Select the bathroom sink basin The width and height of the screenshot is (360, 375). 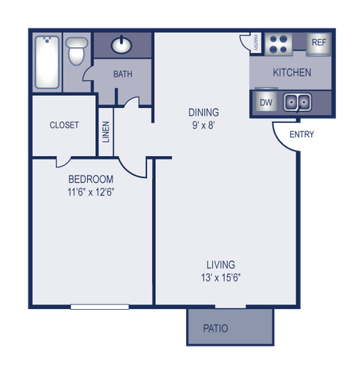[122, 46]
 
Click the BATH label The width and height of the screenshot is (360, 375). [122, 74]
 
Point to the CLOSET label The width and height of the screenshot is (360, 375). [64, 125]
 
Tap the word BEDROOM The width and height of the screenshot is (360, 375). [91, 179]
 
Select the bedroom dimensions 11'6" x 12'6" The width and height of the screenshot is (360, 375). [91, 192]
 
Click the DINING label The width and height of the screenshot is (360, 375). [203, 112]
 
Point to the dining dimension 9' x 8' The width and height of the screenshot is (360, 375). [203, 125]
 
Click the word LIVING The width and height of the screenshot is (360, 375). [221, 265]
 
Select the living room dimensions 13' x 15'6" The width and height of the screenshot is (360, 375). [221, 277]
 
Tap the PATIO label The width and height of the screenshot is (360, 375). [215, 328]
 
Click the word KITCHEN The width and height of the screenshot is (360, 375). [291, 73]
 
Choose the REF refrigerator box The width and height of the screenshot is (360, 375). [319, 43]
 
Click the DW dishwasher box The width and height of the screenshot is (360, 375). [265, 102]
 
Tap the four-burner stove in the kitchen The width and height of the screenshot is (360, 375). [280, 43]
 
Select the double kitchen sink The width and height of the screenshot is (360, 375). [298, 102]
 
